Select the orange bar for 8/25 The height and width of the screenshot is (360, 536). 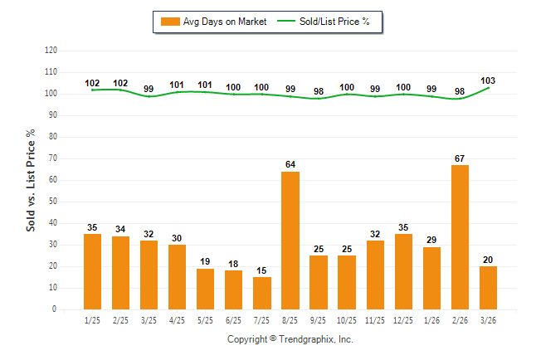pos(290,241)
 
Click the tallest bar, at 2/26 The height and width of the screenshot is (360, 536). pos(460,237)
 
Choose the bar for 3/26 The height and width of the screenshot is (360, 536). pos(488,288)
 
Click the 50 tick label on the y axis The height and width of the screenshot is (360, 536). pos(52,202)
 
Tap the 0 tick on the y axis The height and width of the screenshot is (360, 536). pos(55,309)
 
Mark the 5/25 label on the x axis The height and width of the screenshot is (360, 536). pos(206,319)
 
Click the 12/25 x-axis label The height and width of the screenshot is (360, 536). pos(403,319)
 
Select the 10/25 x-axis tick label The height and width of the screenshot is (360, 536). pos(347,319)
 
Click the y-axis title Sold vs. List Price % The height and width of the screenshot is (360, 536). pos(31,179)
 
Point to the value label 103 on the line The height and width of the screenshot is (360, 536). pos(489,81)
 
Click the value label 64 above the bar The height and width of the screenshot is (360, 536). pos(290,165)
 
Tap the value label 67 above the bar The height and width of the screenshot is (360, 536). pos(460,158)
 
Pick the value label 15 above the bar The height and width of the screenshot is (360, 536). pos(262,270)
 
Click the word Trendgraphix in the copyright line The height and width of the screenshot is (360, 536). pos(306,339)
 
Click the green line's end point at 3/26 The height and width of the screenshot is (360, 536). pos(489,88)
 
